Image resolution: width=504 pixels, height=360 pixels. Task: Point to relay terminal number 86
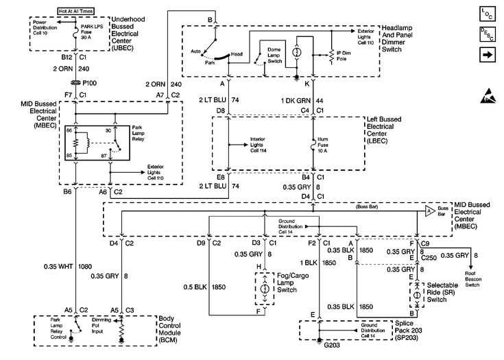(69, 130)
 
